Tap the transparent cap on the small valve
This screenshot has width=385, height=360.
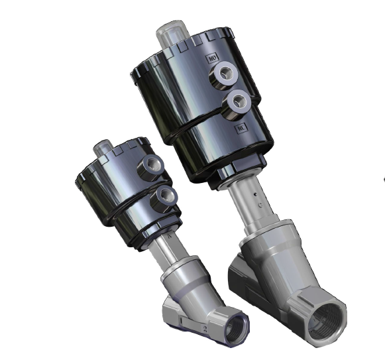point(103,148)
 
